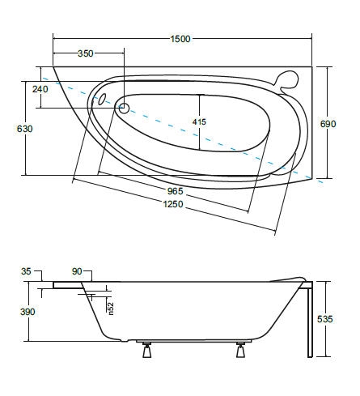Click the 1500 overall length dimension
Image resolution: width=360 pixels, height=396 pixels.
point(181,38)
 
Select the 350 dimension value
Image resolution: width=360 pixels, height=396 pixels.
point(86,53)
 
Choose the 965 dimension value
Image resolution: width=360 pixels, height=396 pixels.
point(176,191)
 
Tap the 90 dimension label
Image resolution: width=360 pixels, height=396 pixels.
point(78,272)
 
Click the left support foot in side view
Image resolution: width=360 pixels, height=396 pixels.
point(148,351)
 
